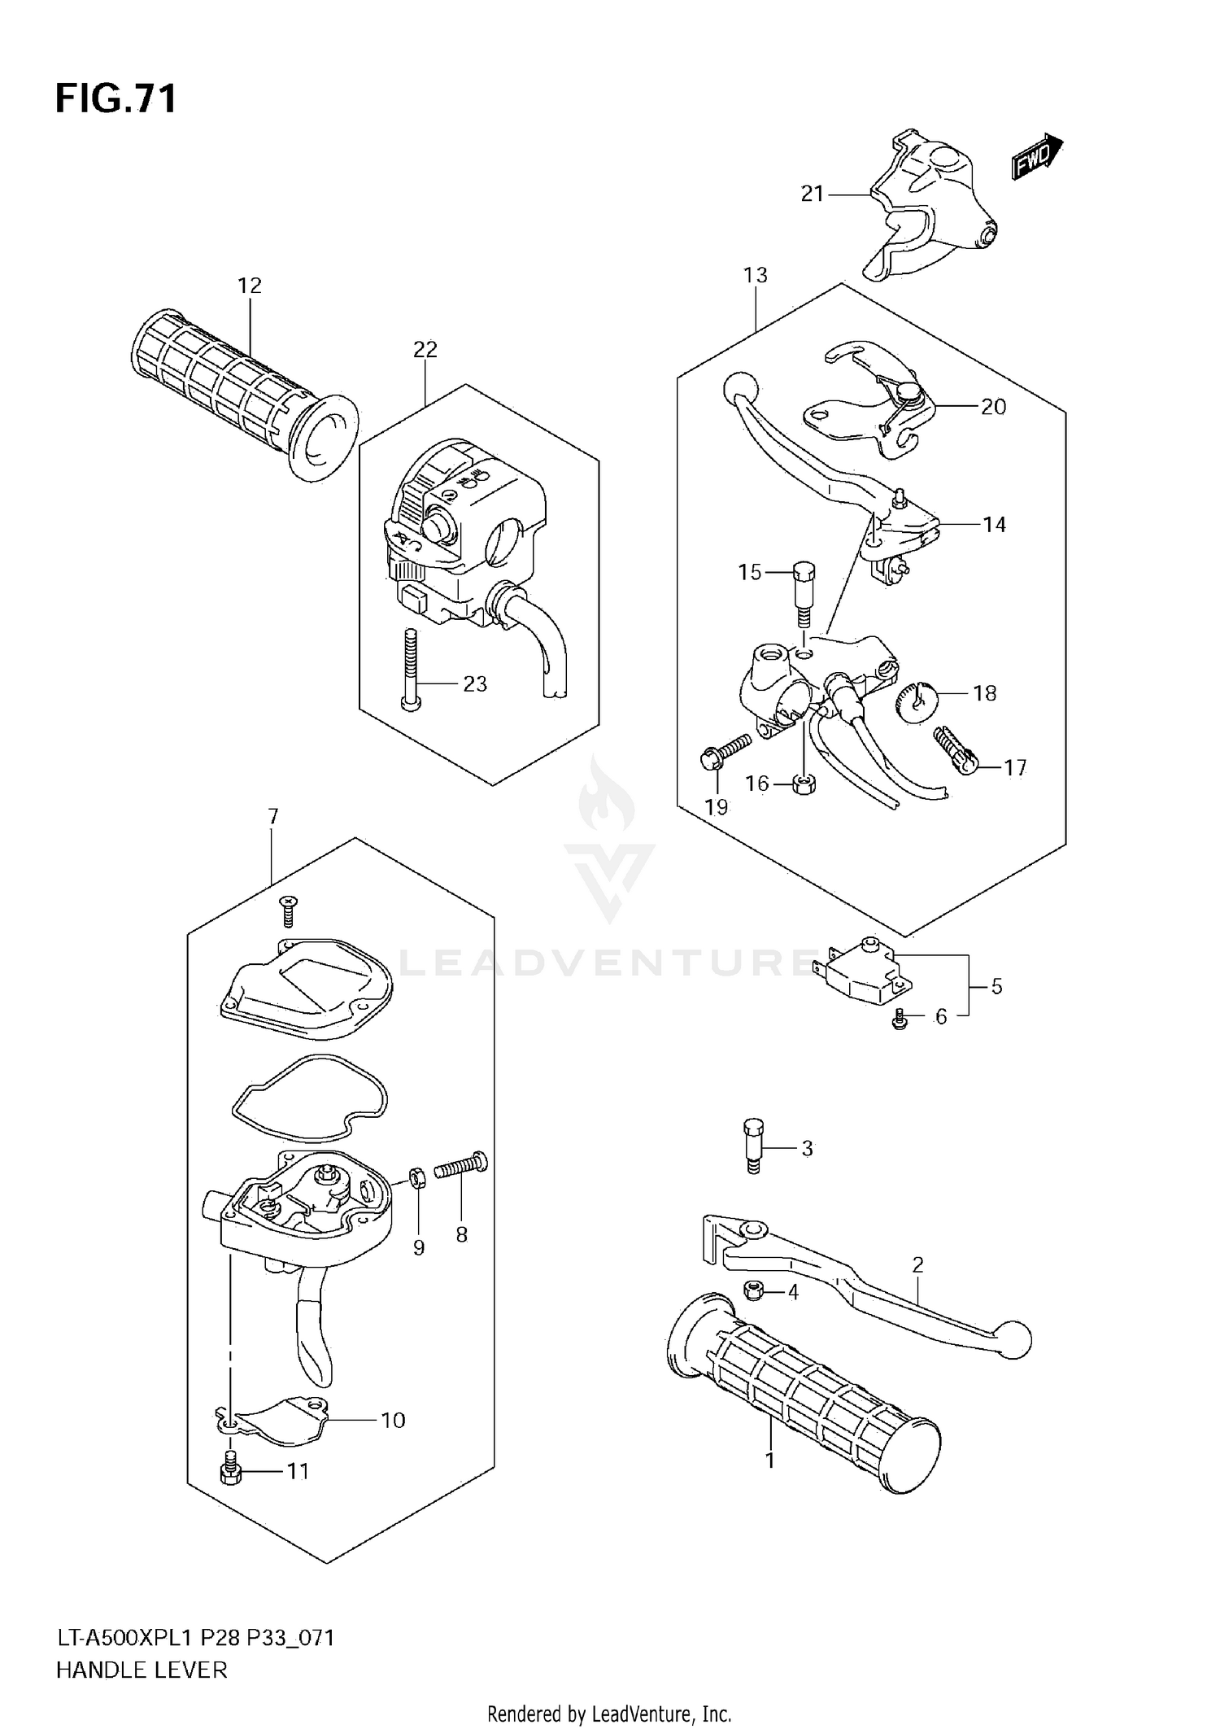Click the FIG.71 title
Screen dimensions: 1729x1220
[115, 99]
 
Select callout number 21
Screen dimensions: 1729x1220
[813, 194]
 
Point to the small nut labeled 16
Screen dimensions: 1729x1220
[804, 785]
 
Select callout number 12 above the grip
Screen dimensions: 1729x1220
[250, 286]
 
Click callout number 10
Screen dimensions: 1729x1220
[393, 1420]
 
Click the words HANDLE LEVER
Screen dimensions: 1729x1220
[142, 1670]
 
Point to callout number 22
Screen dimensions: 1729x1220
[425, 349]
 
